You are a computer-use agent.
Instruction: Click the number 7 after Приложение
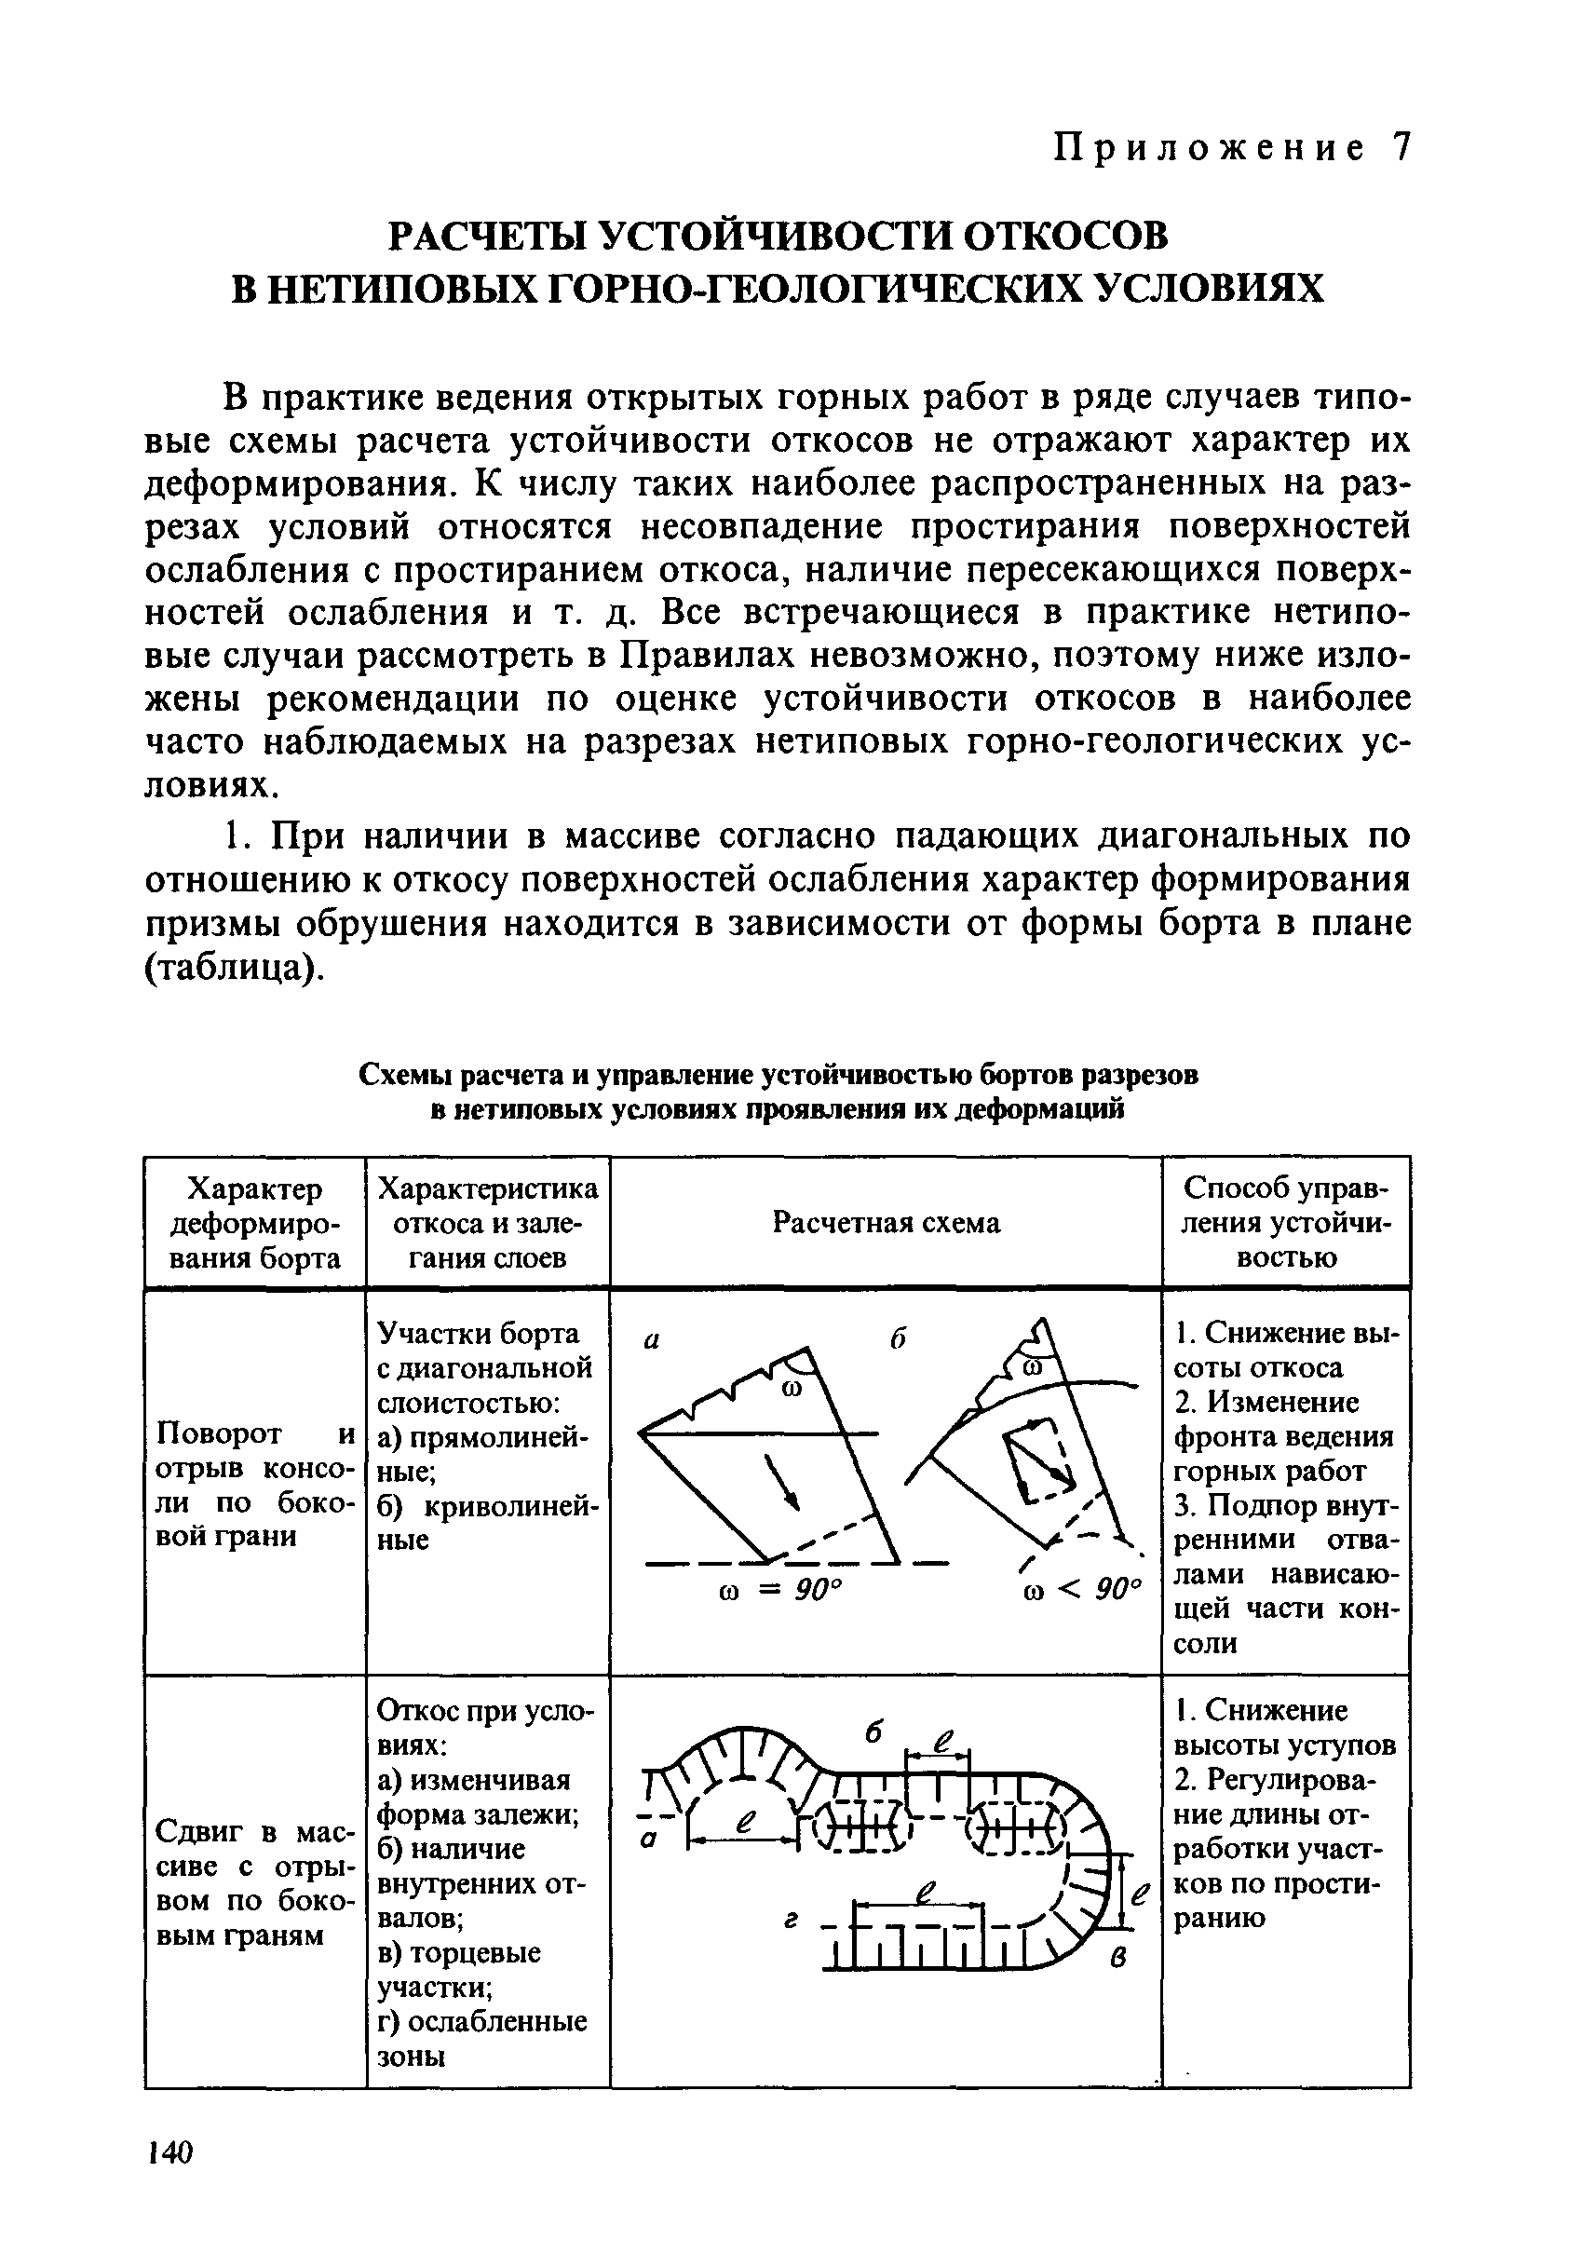1401,148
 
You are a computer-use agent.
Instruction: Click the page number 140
169,2152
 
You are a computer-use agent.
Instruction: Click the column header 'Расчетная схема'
886,1222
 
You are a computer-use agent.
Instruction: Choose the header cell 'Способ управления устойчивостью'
1286,1222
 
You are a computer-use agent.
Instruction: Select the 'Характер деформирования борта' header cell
255,1223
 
